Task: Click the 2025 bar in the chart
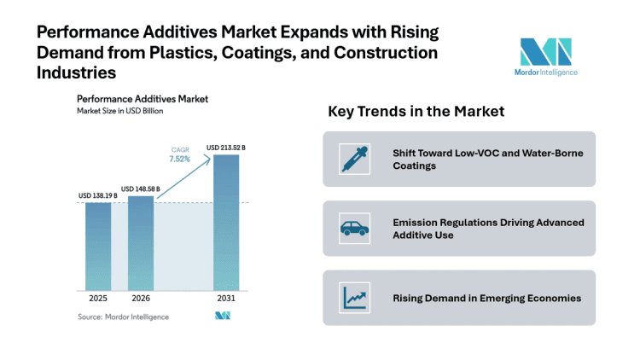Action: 97,246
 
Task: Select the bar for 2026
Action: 141,242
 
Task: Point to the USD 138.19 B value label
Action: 97,196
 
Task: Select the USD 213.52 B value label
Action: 226,148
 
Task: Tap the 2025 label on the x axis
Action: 97,299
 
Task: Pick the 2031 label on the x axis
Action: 226,299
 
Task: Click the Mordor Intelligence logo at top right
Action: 547,56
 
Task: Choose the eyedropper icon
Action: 352,159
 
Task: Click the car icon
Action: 352,228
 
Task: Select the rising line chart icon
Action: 352,298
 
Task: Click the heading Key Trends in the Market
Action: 416,112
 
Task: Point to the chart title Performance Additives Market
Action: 142,99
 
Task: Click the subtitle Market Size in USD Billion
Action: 119,111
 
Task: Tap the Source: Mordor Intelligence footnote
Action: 123,316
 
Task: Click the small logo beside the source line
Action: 223,316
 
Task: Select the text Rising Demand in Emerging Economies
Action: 486,298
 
